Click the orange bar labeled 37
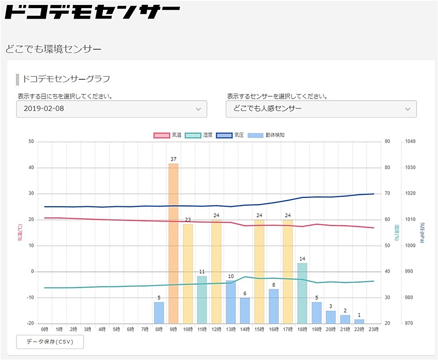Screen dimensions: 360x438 tap(174, 243)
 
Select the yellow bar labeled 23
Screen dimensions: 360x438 tap(188, 273)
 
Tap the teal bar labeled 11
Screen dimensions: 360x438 tap(202, 299)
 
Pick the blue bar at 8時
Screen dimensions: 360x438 tap(159, 312)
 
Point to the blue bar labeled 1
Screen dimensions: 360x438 tap(359, 321)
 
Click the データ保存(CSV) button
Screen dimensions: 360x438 tap(50, 342)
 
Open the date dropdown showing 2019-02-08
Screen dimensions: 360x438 tap(112, 109)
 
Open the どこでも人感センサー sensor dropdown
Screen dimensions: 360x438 tap(321, 109)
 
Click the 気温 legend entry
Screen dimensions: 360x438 tap(168, 135)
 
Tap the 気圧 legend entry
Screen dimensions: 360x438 tap(230, 135)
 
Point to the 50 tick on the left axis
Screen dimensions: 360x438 tap(31, 142)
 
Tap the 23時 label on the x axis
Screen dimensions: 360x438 tap(373, 330)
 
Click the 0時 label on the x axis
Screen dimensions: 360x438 tap(45, 330)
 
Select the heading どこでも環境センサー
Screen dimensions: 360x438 tap(54, 49)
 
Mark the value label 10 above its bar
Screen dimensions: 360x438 tap(230, 276)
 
